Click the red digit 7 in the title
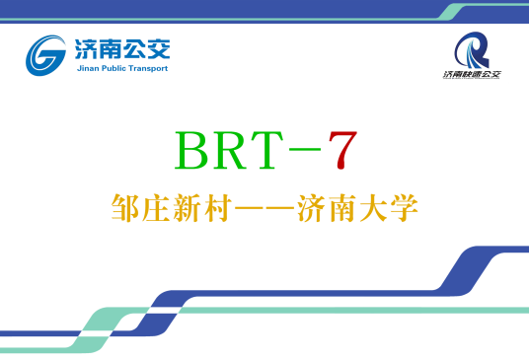[x=338, y=149]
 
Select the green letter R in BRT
[x=234, y=150]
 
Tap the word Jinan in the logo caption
[x=87, y=69]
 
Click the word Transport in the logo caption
[x=149, y=69]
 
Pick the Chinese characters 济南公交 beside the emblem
[x=122, y=47]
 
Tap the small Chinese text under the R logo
[x=472, y=75]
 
